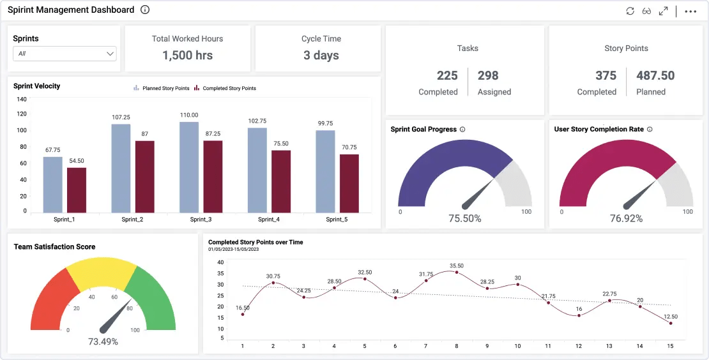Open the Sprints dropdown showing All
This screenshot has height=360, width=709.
click(x=65, y=54)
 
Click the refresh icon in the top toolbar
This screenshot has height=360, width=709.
click(x=630, y=11)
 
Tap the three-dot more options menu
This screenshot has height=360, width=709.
click(x=690, y=11)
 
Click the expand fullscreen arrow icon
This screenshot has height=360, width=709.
click(x=664, y=11)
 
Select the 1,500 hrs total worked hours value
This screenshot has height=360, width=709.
click(x=187, y=56)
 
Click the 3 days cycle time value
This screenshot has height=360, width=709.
click(x=321, y=56)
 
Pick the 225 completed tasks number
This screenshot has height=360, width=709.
click(x=447, y=76)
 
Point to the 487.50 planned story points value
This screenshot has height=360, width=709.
click(x=655, y=76)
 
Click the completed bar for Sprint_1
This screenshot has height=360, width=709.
click(x=77, y=190)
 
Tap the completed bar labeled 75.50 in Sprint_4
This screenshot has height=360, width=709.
click(x=281, y=181)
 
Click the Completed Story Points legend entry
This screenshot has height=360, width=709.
click(x=229, y=89)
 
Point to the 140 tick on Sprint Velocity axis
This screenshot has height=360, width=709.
click(x=22, y=99)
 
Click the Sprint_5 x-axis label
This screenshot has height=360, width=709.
click(x=337, y=220)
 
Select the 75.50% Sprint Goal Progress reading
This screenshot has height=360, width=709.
click(x=464, y=218)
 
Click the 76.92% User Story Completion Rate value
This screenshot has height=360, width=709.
click(x=626, y=218)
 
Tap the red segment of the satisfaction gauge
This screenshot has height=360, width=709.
click(x=50, y=300)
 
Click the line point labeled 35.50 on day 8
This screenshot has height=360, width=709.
click(x=456, y=273)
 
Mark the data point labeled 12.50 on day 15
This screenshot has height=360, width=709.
click(x=671, y=324)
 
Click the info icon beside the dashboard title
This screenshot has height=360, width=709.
click(x=145, y=10)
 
